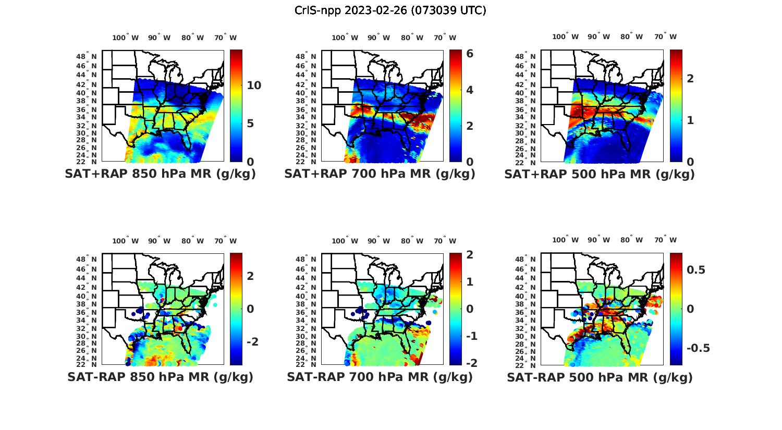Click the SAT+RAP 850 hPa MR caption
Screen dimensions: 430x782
pos(160,174)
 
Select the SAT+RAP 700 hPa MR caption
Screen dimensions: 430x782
pos(380,174)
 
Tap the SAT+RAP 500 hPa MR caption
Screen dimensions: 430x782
pos(599,174)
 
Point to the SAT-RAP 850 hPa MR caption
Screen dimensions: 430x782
pos(160,377)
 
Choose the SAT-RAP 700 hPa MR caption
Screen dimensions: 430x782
pos(380,377)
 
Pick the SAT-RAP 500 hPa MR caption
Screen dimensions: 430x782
pos(600,377)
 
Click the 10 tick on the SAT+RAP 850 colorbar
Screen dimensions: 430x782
pos(254,85)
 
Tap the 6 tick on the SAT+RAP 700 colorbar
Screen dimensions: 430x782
pos(470,54)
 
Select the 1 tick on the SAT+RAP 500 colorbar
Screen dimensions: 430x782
pos(690,120)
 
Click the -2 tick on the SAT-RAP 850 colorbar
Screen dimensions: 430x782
pos(252,341)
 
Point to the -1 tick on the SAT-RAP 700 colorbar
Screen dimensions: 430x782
pos(471,336)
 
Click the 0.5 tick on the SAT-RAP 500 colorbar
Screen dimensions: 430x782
pos(696,269)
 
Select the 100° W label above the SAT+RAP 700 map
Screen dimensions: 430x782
pos(345,38)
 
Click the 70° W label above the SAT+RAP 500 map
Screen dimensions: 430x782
pos(665,36)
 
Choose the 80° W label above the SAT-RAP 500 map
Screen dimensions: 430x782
pos(631,240)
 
